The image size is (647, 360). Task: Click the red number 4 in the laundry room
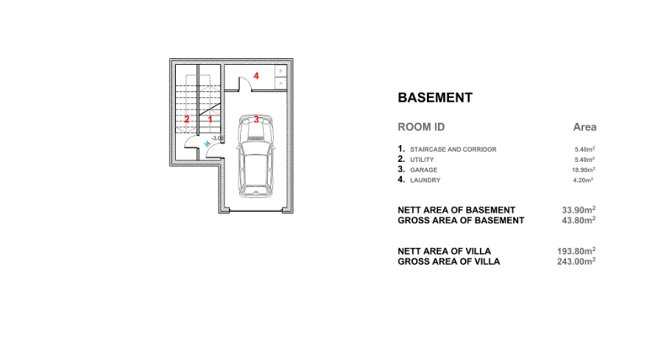[x=256, y=76]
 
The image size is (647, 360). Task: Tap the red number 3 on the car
[x=256, y=120]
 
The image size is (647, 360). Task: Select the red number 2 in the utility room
[x=187, y=120]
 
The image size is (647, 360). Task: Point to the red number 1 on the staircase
[x=210, y=120]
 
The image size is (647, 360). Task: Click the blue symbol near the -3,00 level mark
[x=207, y=143]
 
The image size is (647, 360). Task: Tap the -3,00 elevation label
[x=217, y=138]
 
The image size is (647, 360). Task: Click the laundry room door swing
[x=245, y=83]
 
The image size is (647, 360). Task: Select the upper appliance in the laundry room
[x=281, y=71]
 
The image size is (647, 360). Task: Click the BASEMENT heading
[x=435, y=98]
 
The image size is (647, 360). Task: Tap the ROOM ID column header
[x=421, y=127]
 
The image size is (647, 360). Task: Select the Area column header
[x=585, y=127]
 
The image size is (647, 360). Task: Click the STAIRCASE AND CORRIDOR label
[x=453, y=149]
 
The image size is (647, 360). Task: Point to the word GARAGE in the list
[x=424, y=169]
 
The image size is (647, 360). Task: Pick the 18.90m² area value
[x=584, y=169]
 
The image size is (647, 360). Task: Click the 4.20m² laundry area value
[x=584, y=180]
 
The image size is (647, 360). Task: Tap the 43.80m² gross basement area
[x=579, y=220]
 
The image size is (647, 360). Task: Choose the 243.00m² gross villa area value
[x=576, y=261]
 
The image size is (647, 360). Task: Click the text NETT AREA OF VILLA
[x=445, y=251]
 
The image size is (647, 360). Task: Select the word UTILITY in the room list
[x=422, y=160]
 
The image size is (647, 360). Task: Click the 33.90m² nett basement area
[x=579, y=210]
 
